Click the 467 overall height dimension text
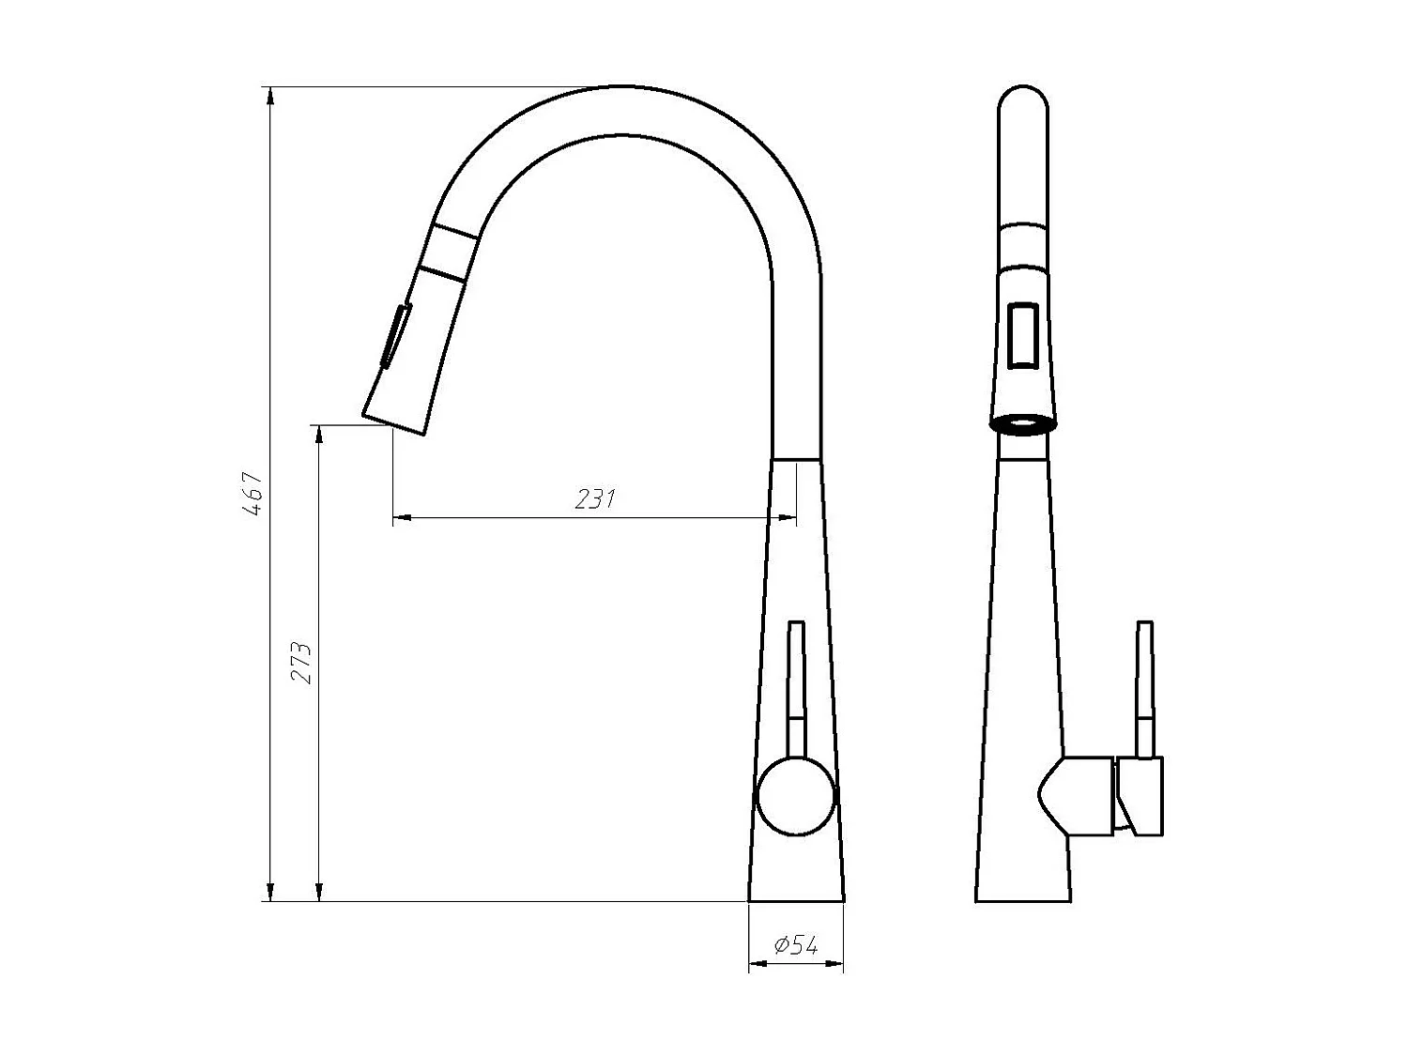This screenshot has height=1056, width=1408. [252, 494]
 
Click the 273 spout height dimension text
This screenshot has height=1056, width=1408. [300, 663]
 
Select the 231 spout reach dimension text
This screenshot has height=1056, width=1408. [594, 498]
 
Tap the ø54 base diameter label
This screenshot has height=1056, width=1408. [796, 946]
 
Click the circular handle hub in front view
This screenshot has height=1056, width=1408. [795, 798]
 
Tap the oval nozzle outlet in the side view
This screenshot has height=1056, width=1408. [1023, 423]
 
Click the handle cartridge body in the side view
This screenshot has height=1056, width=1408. [1079, 796]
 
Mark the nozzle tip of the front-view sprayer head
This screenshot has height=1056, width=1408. [395, 421]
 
